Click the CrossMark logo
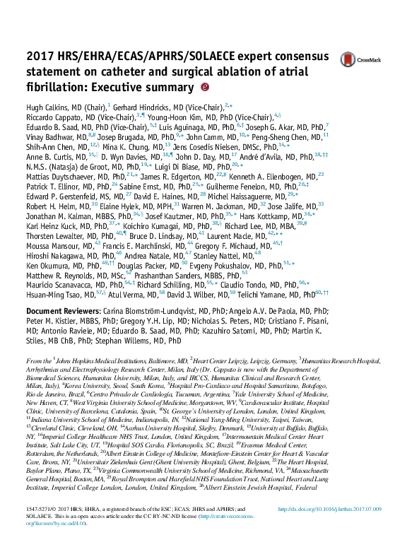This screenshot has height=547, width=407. click(356, 61)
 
